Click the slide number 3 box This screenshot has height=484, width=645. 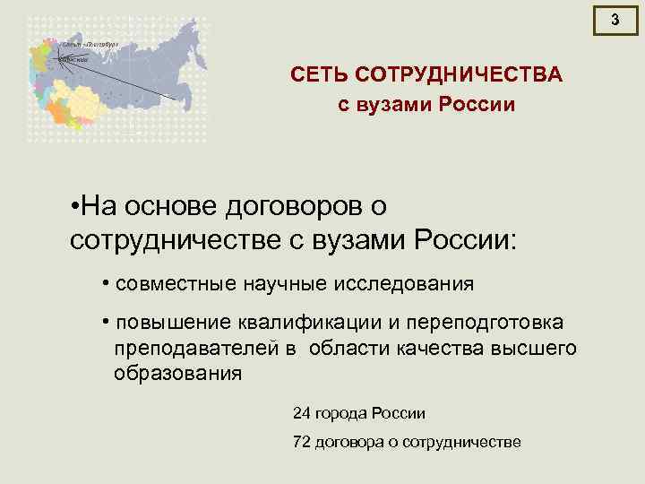pyautogui.click(x=615, y=19)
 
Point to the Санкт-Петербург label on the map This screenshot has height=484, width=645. pyautogui.click(x=90, y=42)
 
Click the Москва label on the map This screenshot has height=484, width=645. pyautogui.click(x=73, y=59)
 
